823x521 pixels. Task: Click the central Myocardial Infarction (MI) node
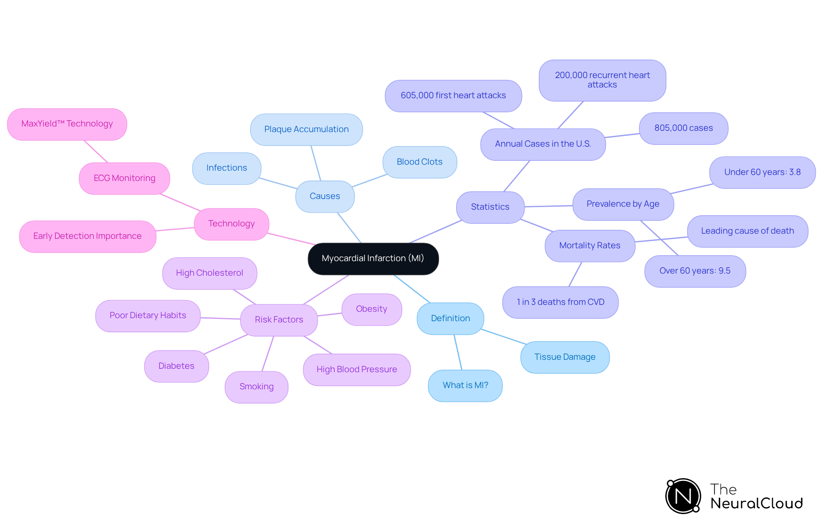tap(373, 259)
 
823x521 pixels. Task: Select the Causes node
tap(324, 196)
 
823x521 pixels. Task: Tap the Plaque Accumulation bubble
tap(306, 129)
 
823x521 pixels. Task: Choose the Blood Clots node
tap(419, 162)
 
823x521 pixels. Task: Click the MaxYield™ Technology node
tap(67, 124)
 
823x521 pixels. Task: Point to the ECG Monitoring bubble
tap(124, 178)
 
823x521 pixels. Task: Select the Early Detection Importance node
tap(87, 236)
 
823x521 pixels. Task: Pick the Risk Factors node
tap(279, 320)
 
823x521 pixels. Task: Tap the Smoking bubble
tap(256, 387)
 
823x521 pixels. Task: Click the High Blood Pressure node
tap(357, 370)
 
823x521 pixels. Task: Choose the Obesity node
tap(371, 309)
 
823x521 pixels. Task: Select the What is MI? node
tap(465, 385)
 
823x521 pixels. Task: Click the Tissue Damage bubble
tap(565, 357)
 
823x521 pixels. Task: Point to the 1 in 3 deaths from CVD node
tap(560, 302)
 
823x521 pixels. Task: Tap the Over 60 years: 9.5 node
tap(695, 271)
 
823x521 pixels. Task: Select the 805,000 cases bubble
tap(683, 128)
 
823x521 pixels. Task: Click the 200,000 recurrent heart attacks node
tap(602, 80)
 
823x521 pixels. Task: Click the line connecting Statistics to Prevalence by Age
tap(549, 206)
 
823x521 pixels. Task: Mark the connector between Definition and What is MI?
tap(458, 352)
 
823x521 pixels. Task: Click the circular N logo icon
tap(683, 496)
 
